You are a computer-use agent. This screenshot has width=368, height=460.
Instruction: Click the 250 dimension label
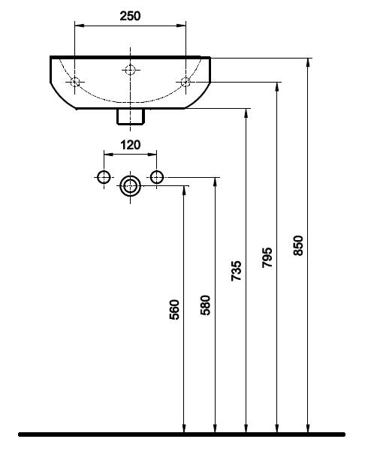130,16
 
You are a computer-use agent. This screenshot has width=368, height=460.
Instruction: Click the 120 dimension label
131,145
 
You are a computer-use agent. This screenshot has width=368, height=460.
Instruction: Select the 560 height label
174,309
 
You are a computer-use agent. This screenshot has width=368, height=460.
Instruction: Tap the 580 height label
206,305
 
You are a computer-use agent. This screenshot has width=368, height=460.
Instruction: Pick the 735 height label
237,271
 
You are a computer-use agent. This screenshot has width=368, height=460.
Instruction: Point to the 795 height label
267,257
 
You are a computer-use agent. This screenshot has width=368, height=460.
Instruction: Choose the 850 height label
298,245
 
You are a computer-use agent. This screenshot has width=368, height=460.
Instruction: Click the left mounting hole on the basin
75,82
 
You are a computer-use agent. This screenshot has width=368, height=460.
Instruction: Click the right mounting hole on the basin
186,82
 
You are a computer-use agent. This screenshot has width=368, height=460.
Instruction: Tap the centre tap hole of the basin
130,70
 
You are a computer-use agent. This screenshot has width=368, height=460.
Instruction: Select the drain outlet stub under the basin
131,116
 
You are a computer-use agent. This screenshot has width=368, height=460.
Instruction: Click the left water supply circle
104,177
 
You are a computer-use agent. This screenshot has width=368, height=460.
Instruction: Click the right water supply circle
156,177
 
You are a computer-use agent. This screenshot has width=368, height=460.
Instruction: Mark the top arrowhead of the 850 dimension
308,62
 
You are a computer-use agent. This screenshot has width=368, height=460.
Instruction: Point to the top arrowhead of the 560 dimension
184,190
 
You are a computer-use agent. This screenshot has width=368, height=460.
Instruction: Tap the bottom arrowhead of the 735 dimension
246,428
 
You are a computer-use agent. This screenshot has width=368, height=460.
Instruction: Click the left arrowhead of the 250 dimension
79,26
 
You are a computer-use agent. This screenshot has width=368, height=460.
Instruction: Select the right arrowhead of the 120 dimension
152,154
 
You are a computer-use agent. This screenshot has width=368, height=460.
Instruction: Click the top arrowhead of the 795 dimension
277,86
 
